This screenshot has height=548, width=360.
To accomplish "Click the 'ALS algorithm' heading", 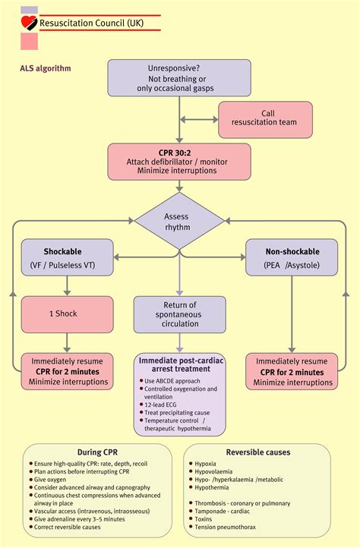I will point(46,68).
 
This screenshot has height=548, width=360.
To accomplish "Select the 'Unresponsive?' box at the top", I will point(179,77).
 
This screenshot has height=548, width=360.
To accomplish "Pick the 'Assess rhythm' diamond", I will point(180,221).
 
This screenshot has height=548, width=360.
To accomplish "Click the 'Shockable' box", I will point(67,258).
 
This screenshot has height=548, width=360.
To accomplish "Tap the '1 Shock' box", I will point(67,313).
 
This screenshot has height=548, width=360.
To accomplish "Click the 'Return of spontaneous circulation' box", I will point(180,314).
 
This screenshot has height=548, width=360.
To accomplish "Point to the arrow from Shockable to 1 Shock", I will point(67,286).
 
